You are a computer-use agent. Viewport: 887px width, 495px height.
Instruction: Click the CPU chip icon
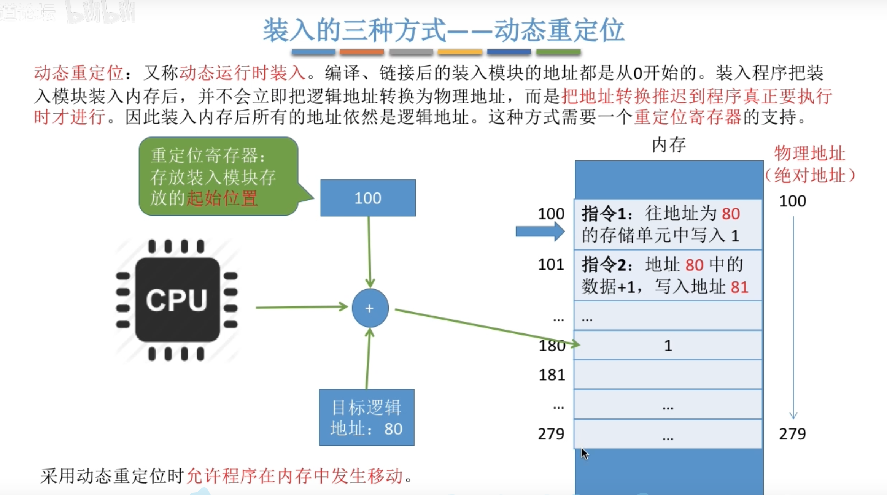tap(177, 300)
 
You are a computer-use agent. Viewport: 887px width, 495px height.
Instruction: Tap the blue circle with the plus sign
tap(370, 308)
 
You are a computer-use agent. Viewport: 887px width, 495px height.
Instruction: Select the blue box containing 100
tap(368, 198)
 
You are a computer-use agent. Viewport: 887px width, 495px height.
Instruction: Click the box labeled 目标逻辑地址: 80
tap(367, 417)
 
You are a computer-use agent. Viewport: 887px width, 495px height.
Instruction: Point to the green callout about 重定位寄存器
tap(218, 176)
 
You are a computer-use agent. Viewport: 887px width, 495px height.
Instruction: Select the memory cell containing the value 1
tap(668, 345)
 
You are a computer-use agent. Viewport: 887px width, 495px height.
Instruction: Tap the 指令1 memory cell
tap(668, 224)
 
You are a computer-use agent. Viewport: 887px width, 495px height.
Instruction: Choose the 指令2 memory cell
tap(668, 275)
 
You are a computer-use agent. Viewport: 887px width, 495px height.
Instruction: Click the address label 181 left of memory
tap(552, 375)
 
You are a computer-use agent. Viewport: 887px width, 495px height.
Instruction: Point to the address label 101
tap(551, 265)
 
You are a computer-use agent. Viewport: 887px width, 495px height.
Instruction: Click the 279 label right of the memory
tap(792, 434)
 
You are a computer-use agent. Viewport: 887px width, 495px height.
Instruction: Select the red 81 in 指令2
tap(739, 287)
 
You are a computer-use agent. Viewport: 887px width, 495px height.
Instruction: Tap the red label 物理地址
tap(810, 154)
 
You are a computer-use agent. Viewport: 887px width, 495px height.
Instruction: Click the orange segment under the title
tap(361, 52)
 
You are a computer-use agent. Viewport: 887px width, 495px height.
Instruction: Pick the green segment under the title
tap(558, 52)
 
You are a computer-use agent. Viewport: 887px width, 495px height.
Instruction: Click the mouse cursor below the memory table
tap(585, 454)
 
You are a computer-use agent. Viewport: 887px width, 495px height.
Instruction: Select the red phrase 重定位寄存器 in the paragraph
tap(688, 117)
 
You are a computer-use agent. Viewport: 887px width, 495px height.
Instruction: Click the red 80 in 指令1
tap(731, 214)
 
